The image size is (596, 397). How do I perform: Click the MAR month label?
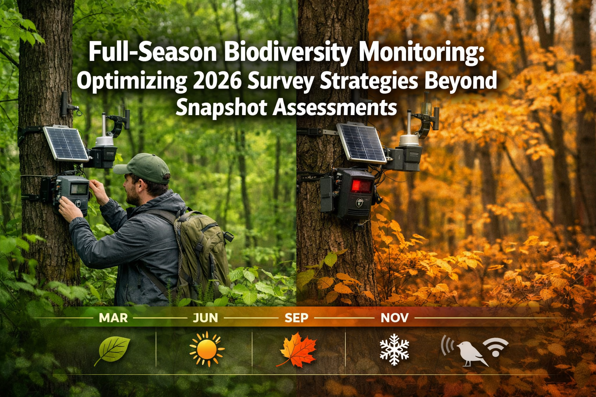[113, 318]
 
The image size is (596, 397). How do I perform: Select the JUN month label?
[205, 318]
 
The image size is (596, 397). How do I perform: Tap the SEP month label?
[296, 318]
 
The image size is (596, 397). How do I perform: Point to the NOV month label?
[395, 318]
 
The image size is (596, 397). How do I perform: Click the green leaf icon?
[113, 350]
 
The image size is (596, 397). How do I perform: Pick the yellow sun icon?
[206, 349]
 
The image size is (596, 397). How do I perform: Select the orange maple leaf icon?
[298, 350]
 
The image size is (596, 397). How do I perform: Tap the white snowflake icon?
[394, 349]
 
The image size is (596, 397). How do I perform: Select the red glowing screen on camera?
[361, 186]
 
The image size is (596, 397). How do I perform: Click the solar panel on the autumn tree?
[361, 143]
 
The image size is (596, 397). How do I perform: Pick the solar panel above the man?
[66, 143]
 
